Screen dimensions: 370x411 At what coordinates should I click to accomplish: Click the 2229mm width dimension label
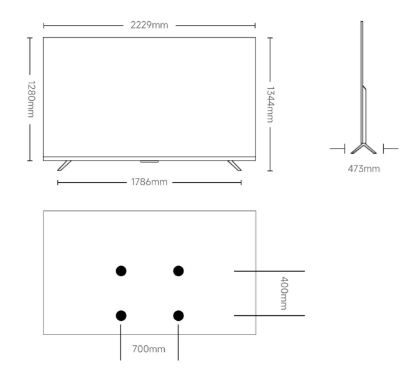pyautogui.click(x=149, y=25)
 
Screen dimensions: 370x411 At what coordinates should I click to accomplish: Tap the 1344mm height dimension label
pyautogui.click(x=270, y=104)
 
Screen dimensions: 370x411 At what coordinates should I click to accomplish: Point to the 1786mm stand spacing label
pyautogui.click(x=149, y=182)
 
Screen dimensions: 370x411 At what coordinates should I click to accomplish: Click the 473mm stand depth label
pyautogui.click(x=364, y=168)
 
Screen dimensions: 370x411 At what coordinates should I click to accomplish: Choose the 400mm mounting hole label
pyautogui.click(x=284, y=294)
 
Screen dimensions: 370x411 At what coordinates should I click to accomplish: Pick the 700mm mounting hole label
pyautogui.click(x=149, y=348)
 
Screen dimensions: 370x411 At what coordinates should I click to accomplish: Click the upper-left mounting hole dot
pyautogui.click(x=121, y=271)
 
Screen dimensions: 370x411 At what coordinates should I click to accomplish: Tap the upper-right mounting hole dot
pyautogui.click(x=178, y=271)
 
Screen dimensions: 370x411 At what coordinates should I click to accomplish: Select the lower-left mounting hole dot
pyautogui.click(x=121, y=316)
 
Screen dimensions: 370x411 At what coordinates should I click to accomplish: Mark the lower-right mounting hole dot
pyautogui.click(x=178, y=316)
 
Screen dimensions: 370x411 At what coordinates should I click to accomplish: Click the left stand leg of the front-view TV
pyautogui.click(x=64, y=165)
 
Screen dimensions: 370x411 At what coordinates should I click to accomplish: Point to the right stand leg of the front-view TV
pyautogui.click(x=234, y=165)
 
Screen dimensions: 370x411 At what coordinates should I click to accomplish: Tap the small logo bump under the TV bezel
pyautogui.click(x=149, y=162)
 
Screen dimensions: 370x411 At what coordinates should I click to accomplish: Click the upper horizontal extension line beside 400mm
pyautogui.click(x=269, y=271)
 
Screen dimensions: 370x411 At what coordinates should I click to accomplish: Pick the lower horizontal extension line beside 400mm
pyautogui.click(x=269, y=316)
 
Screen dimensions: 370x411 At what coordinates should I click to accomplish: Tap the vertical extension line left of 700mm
pyautogui.click(x=121, y=342)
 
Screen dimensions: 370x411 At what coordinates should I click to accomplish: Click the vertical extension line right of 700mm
pyautogui.click(x=178, y=342)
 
